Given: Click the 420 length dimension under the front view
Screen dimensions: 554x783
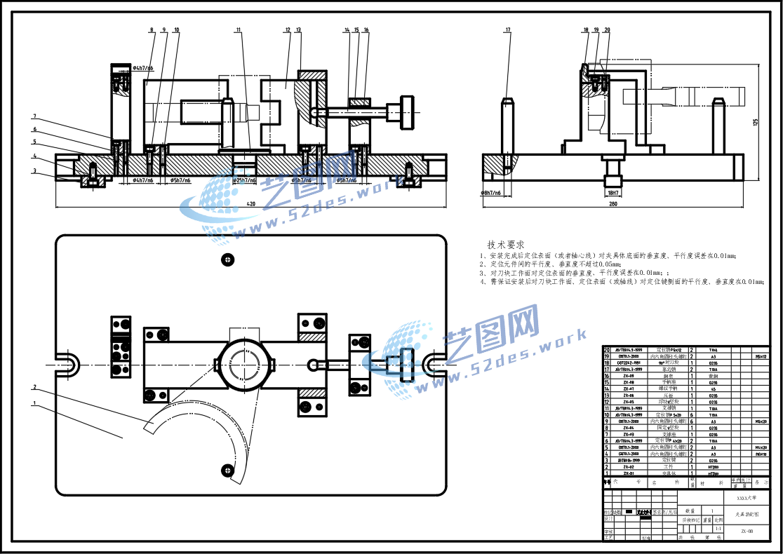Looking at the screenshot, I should tap(251, 204).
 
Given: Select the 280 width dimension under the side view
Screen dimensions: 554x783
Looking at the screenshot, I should tap(613, 204).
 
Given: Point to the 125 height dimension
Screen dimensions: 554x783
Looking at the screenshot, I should tap(756, 121).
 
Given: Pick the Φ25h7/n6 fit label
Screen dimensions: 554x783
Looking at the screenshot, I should tap(244, 180).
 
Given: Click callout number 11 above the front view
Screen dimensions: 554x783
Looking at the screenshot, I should tap(239, 30).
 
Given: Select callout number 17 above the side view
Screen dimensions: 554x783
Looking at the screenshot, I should tap(507, 30).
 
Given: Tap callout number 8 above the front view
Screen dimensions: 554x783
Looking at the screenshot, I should tap(151, 30).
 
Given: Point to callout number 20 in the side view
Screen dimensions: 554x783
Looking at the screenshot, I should tap(607, 30).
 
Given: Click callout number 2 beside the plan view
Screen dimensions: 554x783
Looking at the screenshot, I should tap(34, 387).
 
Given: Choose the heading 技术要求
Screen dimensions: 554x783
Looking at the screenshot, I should tap(506, 245).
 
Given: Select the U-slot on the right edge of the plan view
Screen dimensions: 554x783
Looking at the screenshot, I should tap(434, 363).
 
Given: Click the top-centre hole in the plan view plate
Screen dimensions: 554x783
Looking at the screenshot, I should tap(227, 259).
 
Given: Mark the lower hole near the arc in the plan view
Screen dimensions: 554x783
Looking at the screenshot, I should tap(227, 468).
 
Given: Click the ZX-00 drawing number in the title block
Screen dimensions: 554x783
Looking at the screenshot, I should tap(747, 532).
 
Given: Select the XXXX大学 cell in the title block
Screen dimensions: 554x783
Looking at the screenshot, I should tap(746, 498).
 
